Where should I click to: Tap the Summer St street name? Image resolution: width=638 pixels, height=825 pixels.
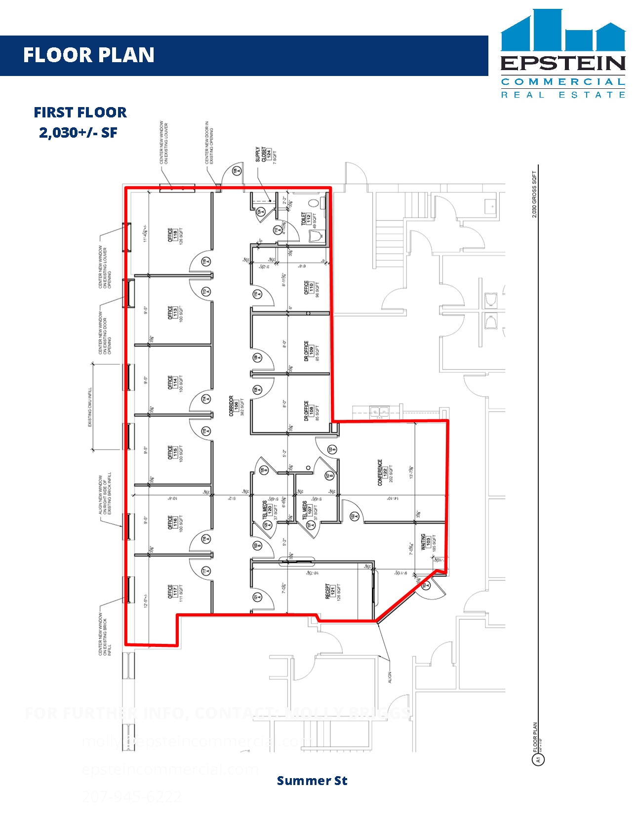pos(312,781)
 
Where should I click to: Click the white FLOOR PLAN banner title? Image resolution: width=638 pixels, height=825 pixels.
pos(89,55)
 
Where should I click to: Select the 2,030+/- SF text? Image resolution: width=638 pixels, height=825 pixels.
pos(78,133)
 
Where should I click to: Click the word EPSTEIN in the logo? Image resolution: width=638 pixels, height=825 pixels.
pos(563,64)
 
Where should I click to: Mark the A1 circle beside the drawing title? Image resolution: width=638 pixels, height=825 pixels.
pos(538,760)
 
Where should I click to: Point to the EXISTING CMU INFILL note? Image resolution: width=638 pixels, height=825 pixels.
pos(90,407)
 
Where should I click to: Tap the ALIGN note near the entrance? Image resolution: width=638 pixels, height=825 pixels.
pos(390,677)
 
